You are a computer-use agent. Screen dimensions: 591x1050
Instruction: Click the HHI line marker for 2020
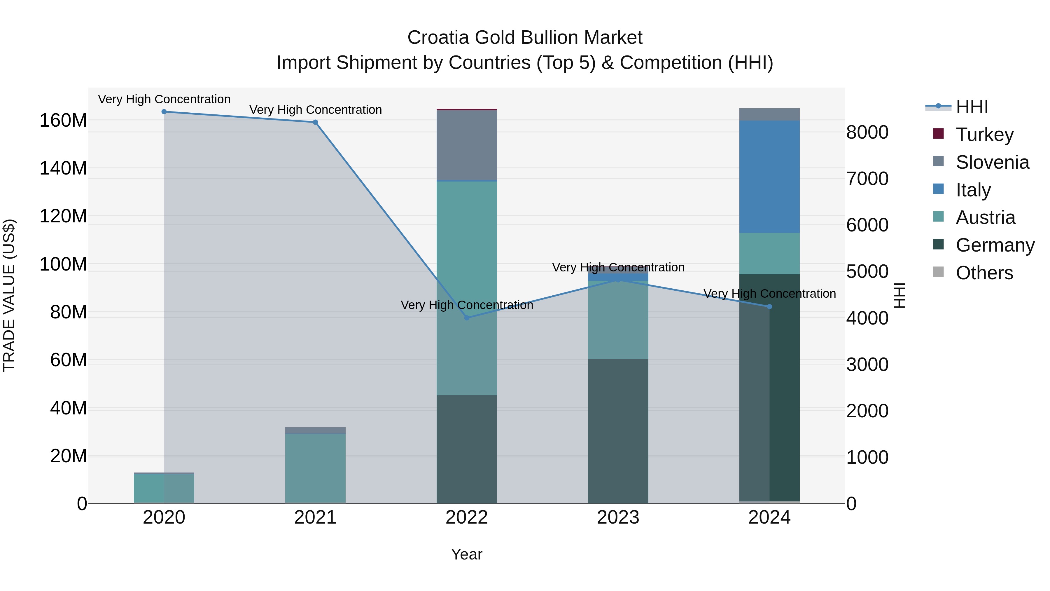[x=164, y=112]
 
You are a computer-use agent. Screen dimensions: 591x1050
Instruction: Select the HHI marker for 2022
[x=467, y=318]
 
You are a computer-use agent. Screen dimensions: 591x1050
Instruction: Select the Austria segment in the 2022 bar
[x=467, y=287]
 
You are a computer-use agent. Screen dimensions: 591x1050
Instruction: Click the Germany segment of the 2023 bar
[x=618, y=431]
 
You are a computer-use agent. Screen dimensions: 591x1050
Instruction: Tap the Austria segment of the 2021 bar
[x=315, y=468]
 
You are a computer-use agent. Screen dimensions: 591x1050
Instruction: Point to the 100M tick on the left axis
[x=63, y=264]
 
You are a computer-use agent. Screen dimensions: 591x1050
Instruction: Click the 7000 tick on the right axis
[x=867, y=179]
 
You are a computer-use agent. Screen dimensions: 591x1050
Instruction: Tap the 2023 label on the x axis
[x=618, y=517]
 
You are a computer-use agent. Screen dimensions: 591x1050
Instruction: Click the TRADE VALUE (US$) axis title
[x=9, y=295]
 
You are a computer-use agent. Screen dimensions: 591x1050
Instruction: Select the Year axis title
[x=467, y=554]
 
